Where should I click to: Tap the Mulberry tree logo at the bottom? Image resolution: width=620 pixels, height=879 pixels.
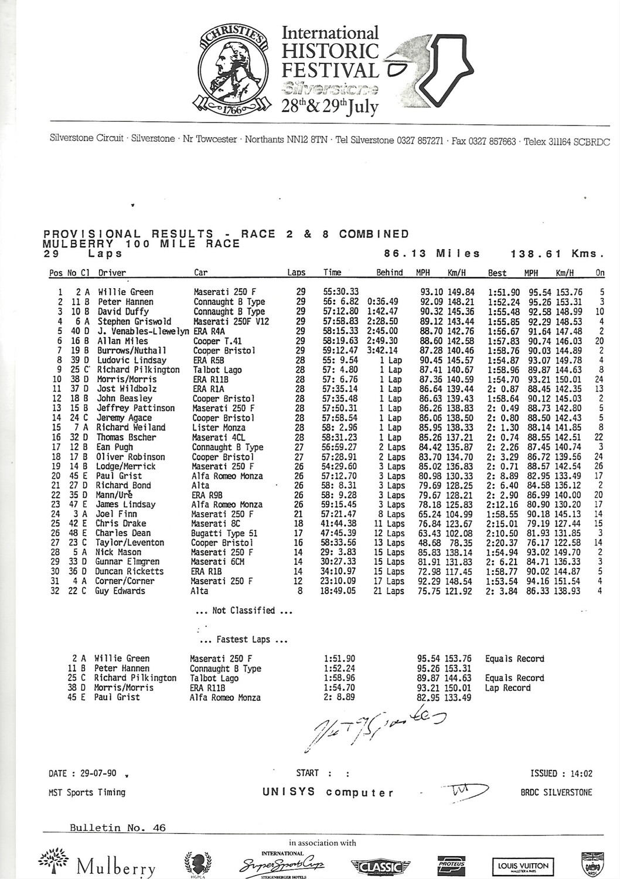(97, 861)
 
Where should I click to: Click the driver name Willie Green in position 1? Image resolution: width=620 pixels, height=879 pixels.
(125, 292)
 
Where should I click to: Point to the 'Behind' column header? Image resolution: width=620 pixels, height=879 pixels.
(389, 272)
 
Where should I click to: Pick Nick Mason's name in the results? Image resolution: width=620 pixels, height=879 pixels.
(119, 552)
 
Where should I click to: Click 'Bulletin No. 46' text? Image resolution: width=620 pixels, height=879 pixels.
(117, 828)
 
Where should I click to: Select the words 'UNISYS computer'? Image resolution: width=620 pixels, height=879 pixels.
(328, 792)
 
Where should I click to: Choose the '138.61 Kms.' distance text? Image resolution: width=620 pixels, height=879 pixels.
(557, 254)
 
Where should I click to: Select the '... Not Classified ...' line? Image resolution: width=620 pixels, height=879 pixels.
(244, 611)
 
